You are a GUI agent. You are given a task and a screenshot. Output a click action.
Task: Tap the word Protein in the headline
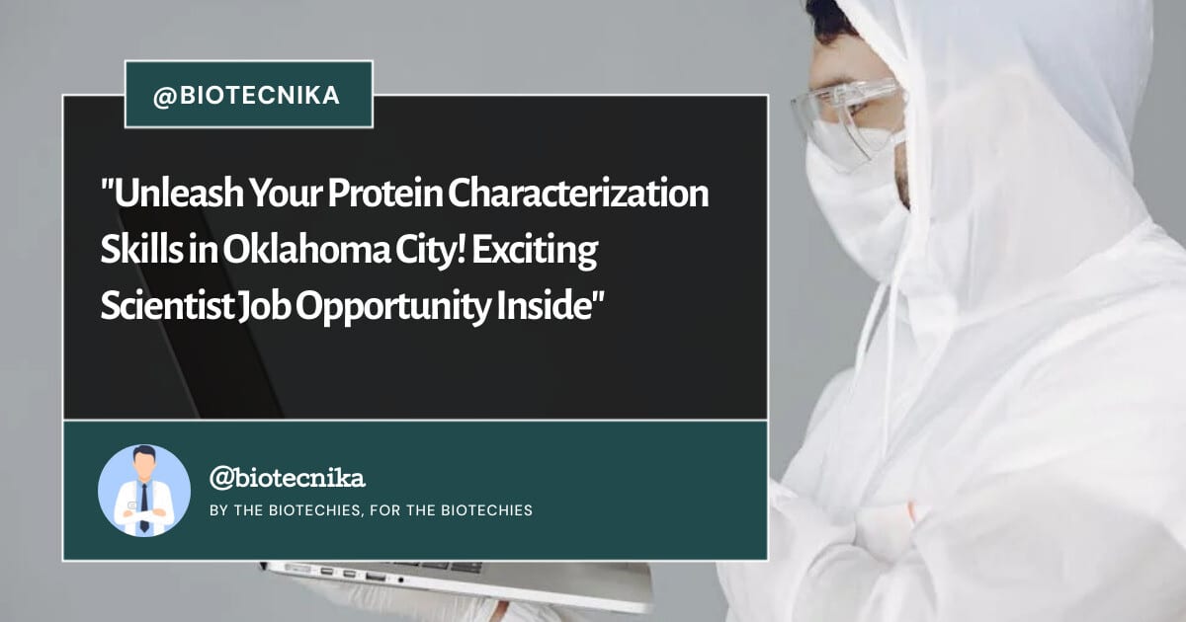(x=385, y=193)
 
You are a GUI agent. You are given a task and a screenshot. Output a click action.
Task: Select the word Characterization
(x=579, y=193)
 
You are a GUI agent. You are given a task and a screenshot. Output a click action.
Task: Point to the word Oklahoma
(x=306, y=250)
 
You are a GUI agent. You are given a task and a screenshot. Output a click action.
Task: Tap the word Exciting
(x=535, y=252)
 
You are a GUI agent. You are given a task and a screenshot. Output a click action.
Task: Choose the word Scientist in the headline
(x=167, y=307)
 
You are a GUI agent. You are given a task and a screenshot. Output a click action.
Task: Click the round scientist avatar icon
(x=144, y=491)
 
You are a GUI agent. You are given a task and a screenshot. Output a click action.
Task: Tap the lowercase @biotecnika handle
(x=288, y=478)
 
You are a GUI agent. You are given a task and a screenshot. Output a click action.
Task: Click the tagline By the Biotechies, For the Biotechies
(x=372, y=509)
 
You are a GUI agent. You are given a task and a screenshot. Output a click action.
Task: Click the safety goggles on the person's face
(x=847, y=120)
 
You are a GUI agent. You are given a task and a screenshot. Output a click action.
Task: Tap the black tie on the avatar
(x=144, y=507)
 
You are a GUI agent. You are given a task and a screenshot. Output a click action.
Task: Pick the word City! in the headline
(x=431, y=252)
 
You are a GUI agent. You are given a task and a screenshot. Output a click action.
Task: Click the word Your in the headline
(x=286, y=193)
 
